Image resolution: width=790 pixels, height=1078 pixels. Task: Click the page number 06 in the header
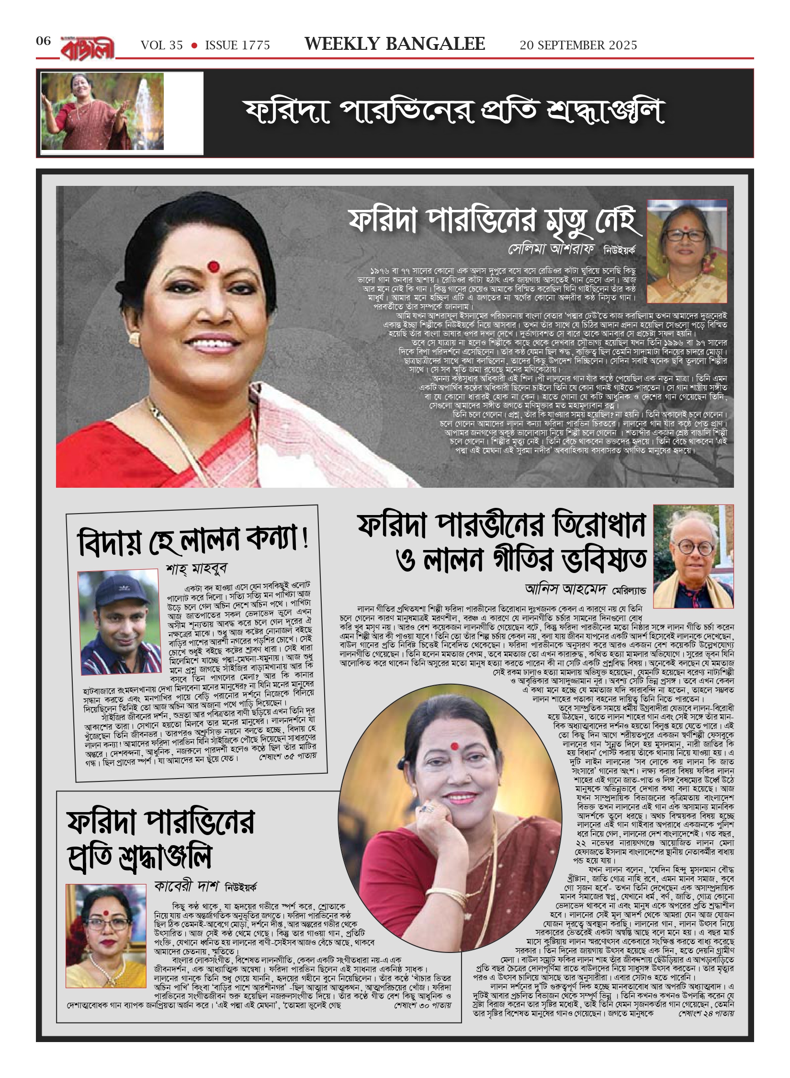click(x=43, y=41)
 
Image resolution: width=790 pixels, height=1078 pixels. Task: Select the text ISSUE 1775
click(x=237, y=46)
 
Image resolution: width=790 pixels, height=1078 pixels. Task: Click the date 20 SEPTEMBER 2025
click(x=578, y=46)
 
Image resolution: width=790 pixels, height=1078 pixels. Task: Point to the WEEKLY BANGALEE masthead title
click(x=395, y=44)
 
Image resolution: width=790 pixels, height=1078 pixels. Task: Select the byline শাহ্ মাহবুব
click(x=196, y=569)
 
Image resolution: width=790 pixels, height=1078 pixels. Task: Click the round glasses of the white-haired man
click(x=693, y=547)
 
